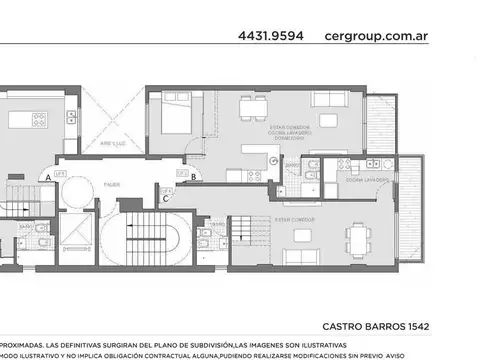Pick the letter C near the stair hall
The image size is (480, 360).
tap(165, 198)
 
